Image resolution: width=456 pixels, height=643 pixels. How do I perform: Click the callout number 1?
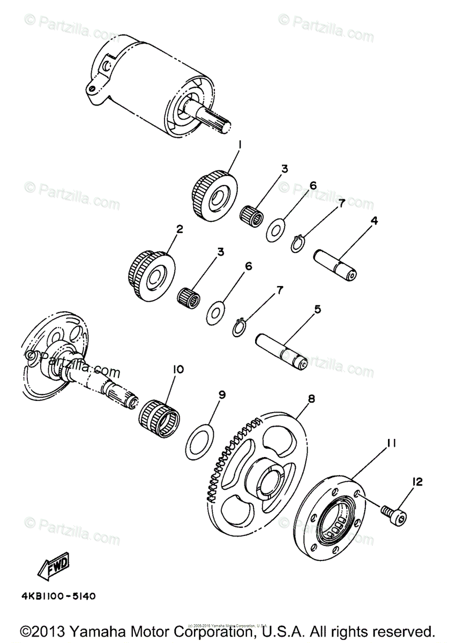(x=240, y=145)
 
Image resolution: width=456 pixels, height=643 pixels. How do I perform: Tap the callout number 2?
(x=180, y=229)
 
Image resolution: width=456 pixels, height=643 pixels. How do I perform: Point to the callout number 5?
(x=318, y=309)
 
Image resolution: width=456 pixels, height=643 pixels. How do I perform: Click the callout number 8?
(x=311, y=399)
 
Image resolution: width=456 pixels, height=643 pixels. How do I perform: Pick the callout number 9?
(x=221, y=395)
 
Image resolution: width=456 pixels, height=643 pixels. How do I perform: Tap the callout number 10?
(x=178, y=369)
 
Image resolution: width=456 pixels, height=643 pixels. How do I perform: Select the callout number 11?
(x=391, y=443)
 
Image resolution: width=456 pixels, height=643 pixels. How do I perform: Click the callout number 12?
(x=417, y=482)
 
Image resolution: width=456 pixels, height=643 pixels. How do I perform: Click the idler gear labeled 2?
(x=152, y=274)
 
